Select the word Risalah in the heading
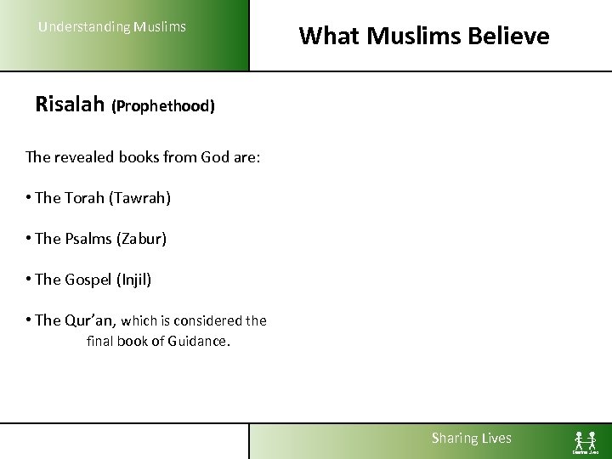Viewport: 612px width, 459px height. pyautogui.click(x=70, y=105)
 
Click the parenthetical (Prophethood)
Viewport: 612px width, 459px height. pyautogui.click(x=163, y=107)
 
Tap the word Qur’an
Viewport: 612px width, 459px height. pyautogui.click(x=90, y=320)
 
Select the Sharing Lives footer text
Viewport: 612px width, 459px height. pyautogui.click(x=472, y=439)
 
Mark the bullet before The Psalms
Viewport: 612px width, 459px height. pyautogui.click(x=29, y=239)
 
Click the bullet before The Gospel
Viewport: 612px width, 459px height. pyautogui.click(x=29, y=279)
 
